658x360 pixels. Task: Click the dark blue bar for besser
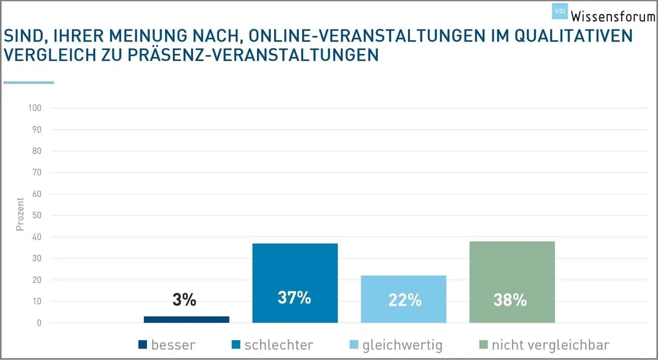[186, 319]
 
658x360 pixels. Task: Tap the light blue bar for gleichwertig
[404, 290]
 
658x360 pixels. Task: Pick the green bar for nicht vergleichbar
[512, 274]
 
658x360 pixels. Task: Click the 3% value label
[184, 300]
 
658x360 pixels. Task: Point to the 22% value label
[405, 301]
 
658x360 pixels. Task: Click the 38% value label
[510, 301]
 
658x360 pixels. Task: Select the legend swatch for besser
[143, 345]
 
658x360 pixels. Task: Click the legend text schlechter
[279, 345]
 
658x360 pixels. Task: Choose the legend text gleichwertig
[402, 345]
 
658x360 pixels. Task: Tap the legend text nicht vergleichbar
[551, 345]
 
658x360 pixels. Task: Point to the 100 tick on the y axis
[35, 108]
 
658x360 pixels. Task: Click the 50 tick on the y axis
[37, 215]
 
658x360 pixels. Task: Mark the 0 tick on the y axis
[39, 323]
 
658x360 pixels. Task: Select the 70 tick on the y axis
[37, 173]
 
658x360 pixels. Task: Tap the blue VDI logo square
[559, 11]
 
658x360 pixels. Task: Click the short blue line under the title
[29, 83]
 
